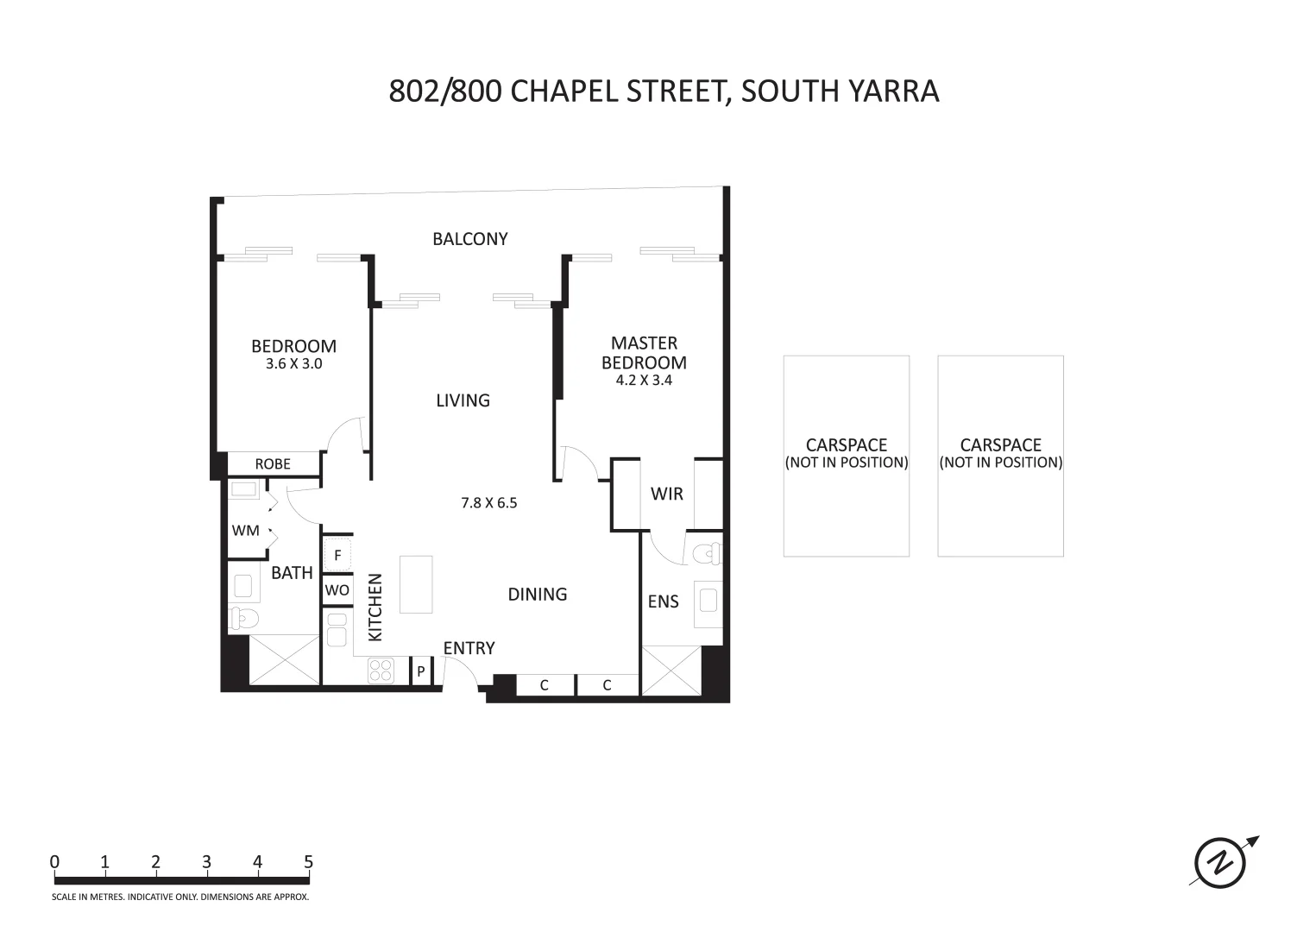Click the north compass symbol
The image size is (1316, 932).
click(x=1220, y=861)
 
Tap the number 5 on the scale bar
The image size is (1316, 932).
click(x=308, y=862)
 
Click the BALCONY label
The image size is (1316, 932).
click(x=469, y=239)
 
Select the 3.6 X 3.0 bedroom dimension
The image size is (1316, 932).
click(x=293, y=364)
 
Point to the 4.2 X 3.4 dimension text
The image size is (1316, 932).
click(x=644, y=380)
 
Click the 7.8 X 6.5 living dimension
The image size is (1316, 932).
click(x=488, y=503)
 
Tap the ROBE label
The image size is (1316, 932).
click(x=273, y=464)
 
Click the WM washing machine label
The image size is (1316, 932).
click(x=245, y=531)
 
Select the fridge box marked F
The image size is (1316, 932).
click(x=337, y=556)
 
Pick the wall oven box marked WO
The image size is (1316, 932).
click(x=337, y=590)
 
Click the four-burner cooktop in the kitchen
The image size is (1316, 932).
click(x=381, y=671)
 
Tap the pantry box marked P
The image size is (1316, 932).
click(x=421, y=671)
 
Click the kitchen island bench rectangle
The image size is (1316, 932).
click(x=416, y=584)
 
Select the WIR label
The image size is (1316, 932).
click(x=666, y=494)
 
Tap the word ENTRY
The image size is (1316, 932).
click(x=469, y=648)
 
